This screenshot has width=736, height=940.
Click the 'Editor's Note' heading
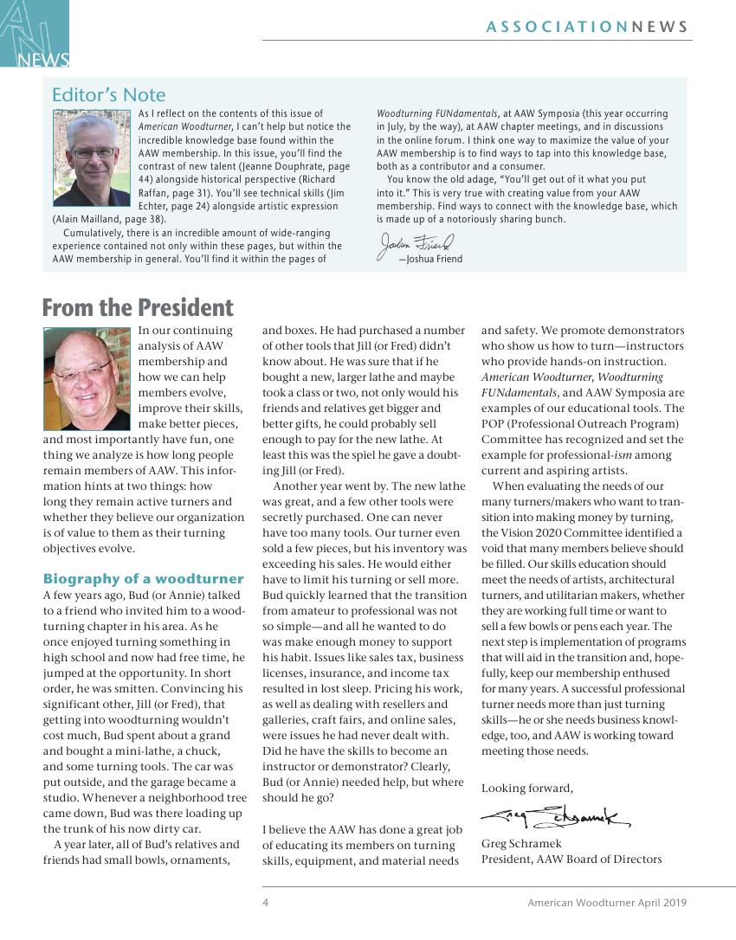108,94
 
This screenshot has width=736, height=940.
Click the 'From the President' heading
138,308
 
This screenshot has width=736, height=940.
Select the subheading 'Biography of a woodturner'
144,579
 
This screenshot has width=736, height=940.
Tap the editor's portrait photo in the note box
90,158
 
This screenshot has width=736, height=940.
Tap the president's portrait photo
87,378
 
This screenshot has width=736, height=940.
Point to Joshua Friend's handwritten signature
415,245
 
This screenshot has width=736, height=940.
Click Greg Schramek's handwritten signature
553,814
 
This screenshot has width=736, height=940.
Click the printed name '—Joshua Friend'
429,259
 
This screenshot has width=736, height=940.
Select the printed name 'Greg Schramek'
521,844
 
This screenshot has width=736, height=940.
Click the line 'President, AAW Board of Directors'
571,860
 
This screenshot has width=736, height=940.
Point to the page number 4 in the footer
266,903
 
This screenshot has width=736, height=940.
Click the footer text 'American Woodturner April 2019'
607,903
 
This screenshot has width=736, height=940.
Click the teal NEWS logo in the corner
35,35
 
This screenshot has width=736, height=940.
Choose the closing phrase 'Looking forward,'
527,788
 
